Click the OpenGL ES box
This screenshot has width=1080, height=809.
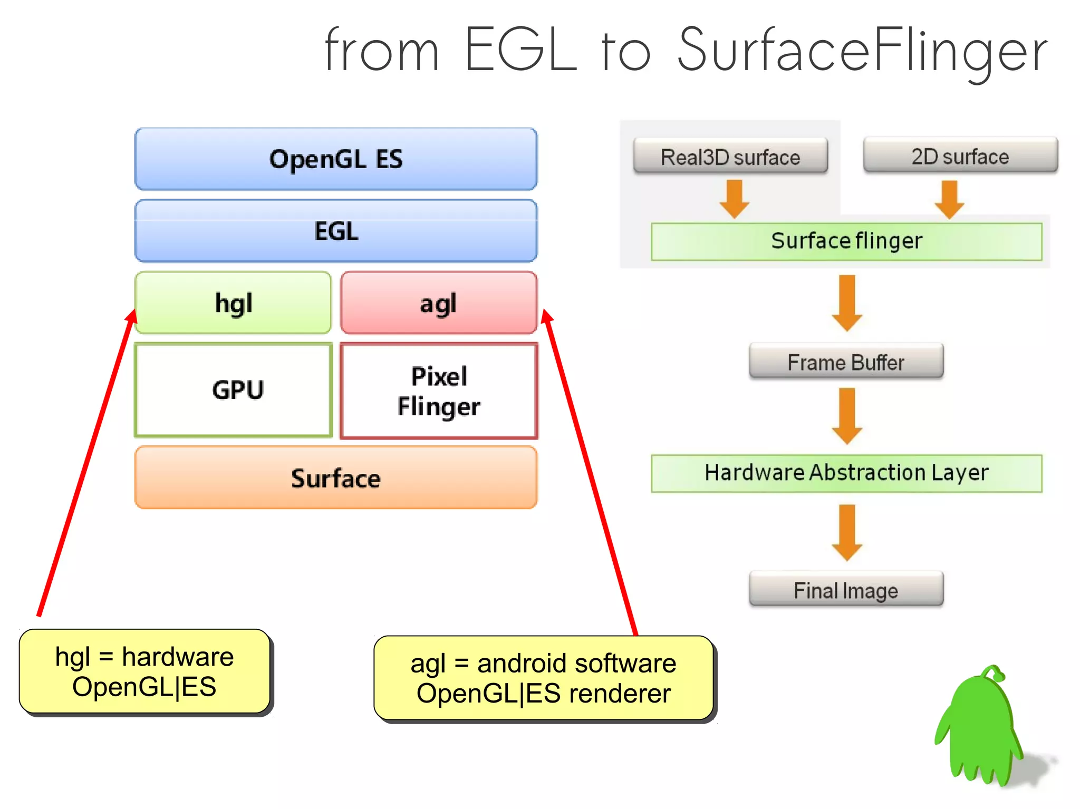(x=336, y=159)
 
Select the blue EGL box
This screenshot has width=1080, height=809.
(x=336, y=231)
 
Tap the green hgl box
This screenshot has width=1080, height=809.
(x=233, y=303)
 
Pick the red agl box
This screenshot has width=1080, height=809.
(x=439, y=303)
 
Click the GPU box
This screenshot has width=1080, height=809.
(x=234, y=390)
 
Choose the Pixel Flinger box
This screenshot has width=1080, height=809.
(x=439, y=391)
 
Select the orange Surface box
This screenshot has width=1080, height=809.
(x=336, y=478)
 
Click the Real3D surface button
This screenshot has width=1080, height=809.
(x=730, y=156)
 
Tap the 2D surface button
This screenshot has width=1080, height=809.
(x=960, y=155)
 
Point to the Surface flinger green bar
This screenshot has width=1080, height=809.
(x=846, y=241)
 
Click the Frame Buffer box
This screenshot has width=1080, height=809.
(x=846, y=362)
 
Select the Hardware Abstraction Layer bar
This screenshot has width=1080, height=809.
(x=846, y=473)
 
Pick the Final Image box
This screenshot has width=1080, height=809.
(x=846, y=589)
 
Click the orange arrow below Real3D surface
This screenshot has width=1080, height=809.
(x=735, y=199)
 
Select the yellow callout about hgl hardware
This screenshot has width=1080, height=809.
(x=144, y=671)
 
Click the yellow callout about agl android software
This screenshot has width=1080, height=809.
(x=543, y=678)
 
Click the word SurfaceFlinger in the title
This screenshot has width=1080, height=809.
(x=862, y=50)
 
